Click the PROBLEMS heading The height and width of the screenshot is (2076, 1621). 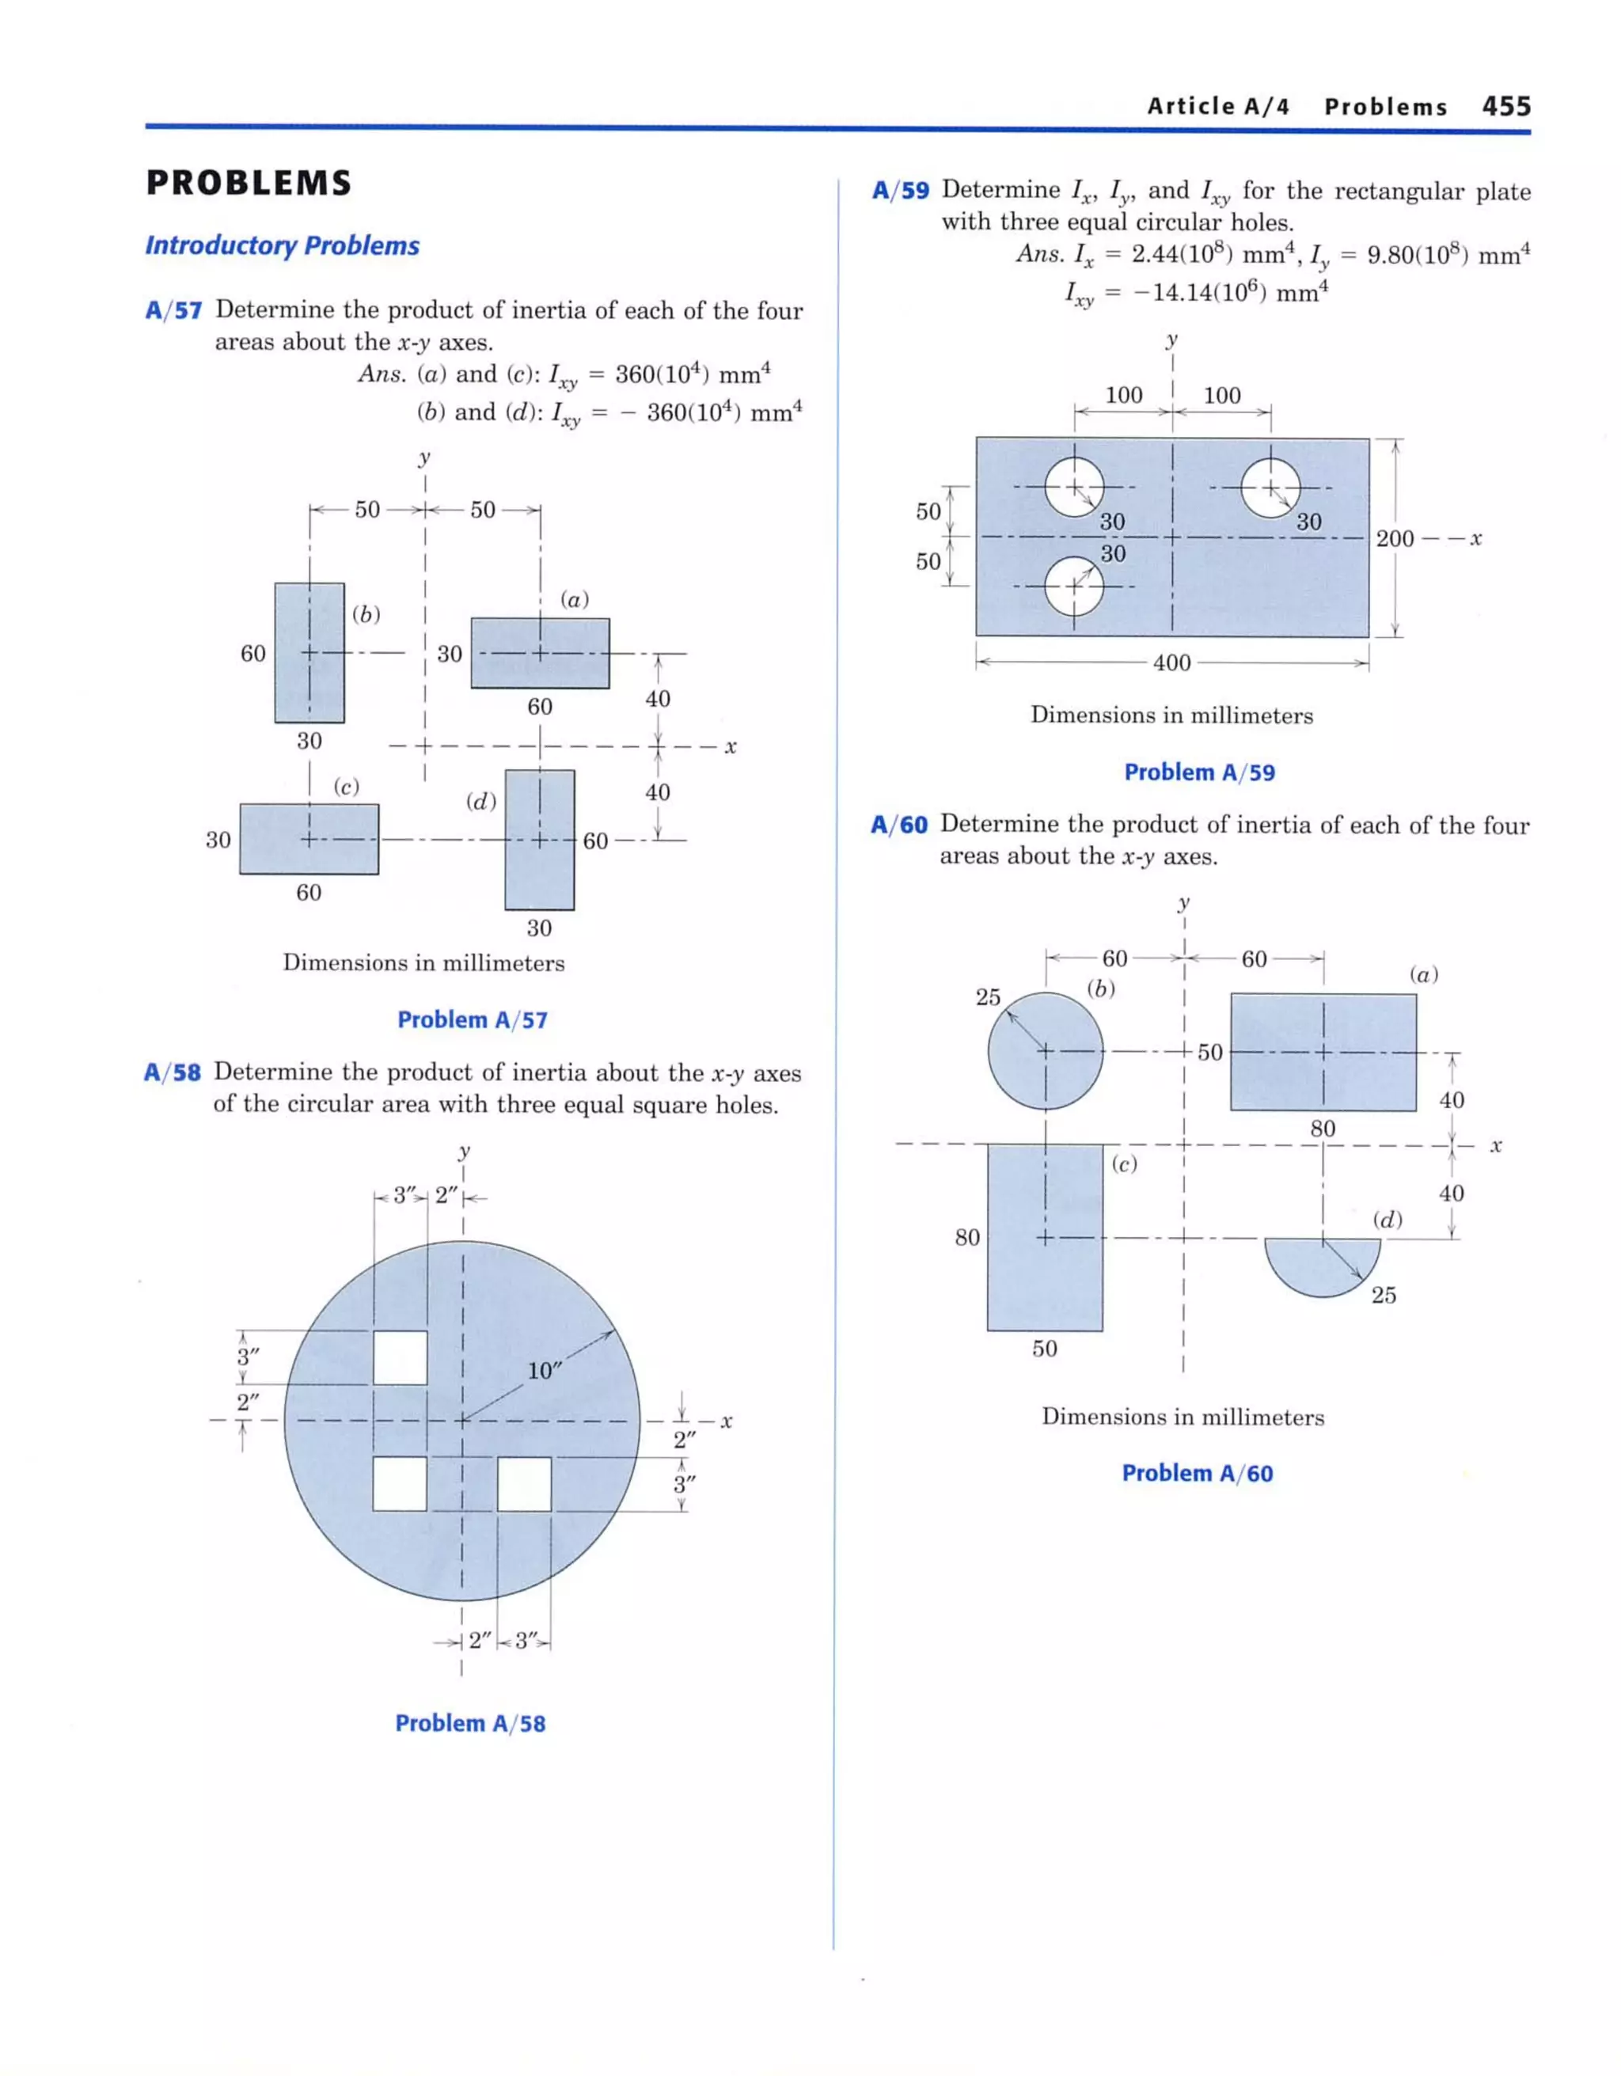click(x=249, y=183)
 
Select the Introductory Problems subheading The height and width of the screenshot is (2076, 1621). click(x=282, y=245)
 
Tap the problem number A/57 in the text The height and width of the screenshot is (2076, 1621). click(x=173, y=310)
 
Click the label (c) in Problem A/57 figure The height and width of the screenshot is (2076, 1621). click(x=346, y=786)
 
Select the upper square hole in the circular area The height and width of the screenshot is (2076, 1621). click(x=399, y=1357)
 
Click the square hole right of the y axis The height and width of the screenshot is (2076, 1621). click(x=524, y=1484)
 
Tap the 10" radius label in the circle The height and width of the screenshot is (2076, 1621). click(x=544, y=1371)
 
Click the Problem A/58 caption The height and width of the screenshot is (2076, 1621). click(x=469, y=1723)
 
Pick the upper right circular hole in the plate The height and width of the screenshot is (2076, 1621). click(x=1270, y=488)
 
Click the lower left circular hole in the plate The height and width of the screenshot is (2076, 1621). click(x=1074, y=586)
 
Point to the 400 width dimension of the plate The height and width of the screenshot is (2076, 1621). click(x=1171, y=662)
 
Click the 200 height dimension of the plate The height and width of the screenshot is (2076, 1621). click(x=1394, y=538)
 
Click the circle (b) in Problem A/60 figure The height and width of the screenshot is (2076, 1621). click(x=1045, y=1051)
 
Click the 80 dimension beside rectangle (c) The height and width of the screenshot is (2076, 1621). click(x=967, y=1237)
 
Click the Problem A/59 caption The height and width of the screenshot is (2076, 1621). click(x=1199, y=772)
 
